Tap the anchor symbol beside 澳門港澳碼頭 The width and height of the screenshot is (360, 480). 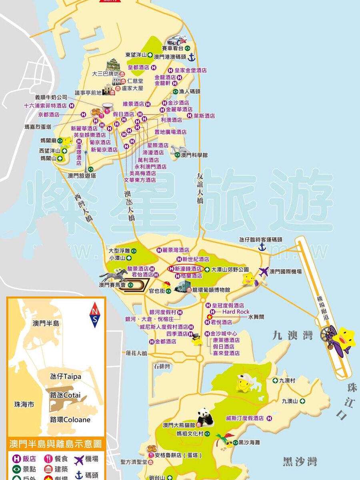point(192,57)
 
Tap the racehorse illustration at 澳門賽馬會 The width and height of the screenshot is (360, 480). point(113,276)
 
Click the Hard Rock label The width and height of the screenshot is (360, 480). point(236,312)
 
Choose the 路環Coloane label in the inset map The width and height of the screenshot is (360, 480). point(70,420)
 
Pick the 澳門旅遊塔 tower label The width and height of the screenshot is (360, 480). point(82,176)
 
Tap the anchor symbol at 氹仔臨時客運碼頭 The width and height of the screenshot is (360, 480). point(262,247)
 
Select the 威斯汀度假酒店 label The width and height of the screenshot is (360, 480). point(244,418)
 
